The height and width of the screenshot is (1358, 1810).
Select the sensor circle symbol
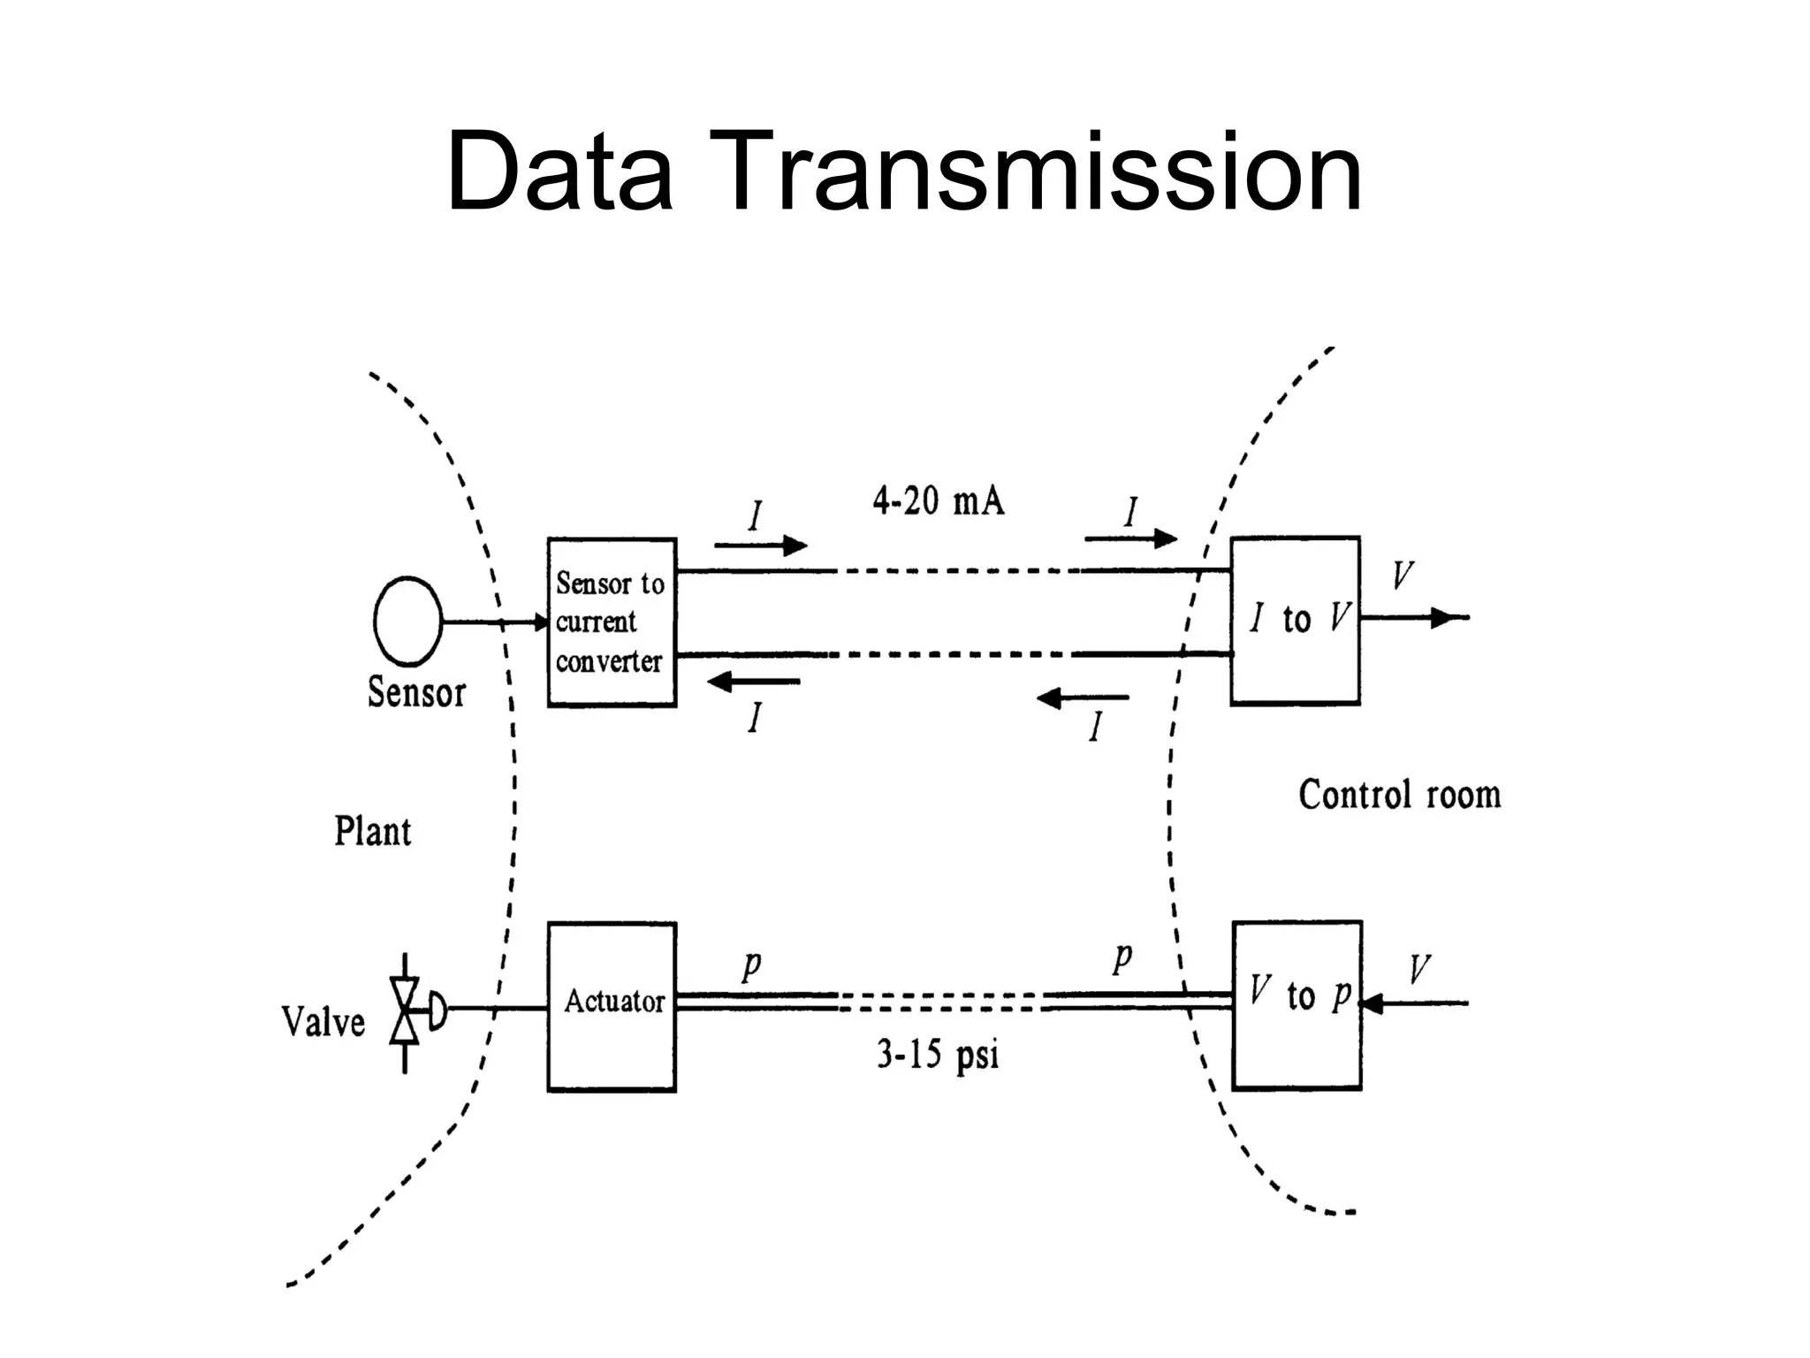click(407, 621)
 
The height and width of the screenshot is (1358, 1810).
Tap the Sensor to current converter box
click(612, 622)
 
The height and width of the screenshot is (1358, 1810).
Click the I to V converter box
click(1295, 620)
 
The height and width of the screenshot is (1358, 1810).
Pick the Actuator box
click(612, 1007)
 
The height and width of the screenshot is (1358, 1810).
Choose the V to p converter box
click(1297, 1005)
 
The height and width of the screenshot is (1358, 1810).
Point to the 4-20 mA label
click(938, 502)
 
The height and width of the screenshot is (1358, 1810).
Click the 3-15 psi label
click(937, 1055)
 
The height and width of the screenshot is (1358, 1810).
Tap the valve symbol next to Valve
click(407, 1011)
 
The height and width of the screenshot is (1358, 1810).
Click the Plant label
click(372, 832)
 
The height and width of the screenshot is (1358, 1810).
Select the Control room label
click(1399, 795)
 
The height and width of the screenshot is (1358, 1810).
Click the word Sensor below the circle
click(416, 692)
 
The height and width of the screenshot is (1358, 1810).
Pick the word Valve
click(323, 1022)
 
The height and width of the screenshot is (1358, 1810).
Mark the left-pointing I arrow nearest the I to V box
click(1083, 699)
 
